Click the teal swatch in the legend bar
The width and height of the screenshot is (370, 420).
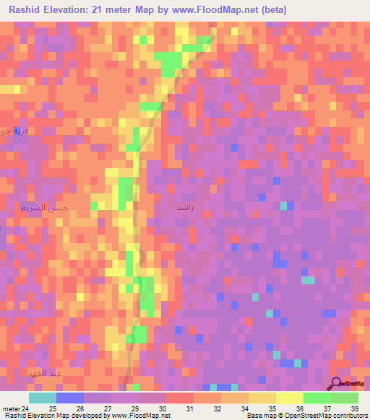(x=43, y=398)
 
